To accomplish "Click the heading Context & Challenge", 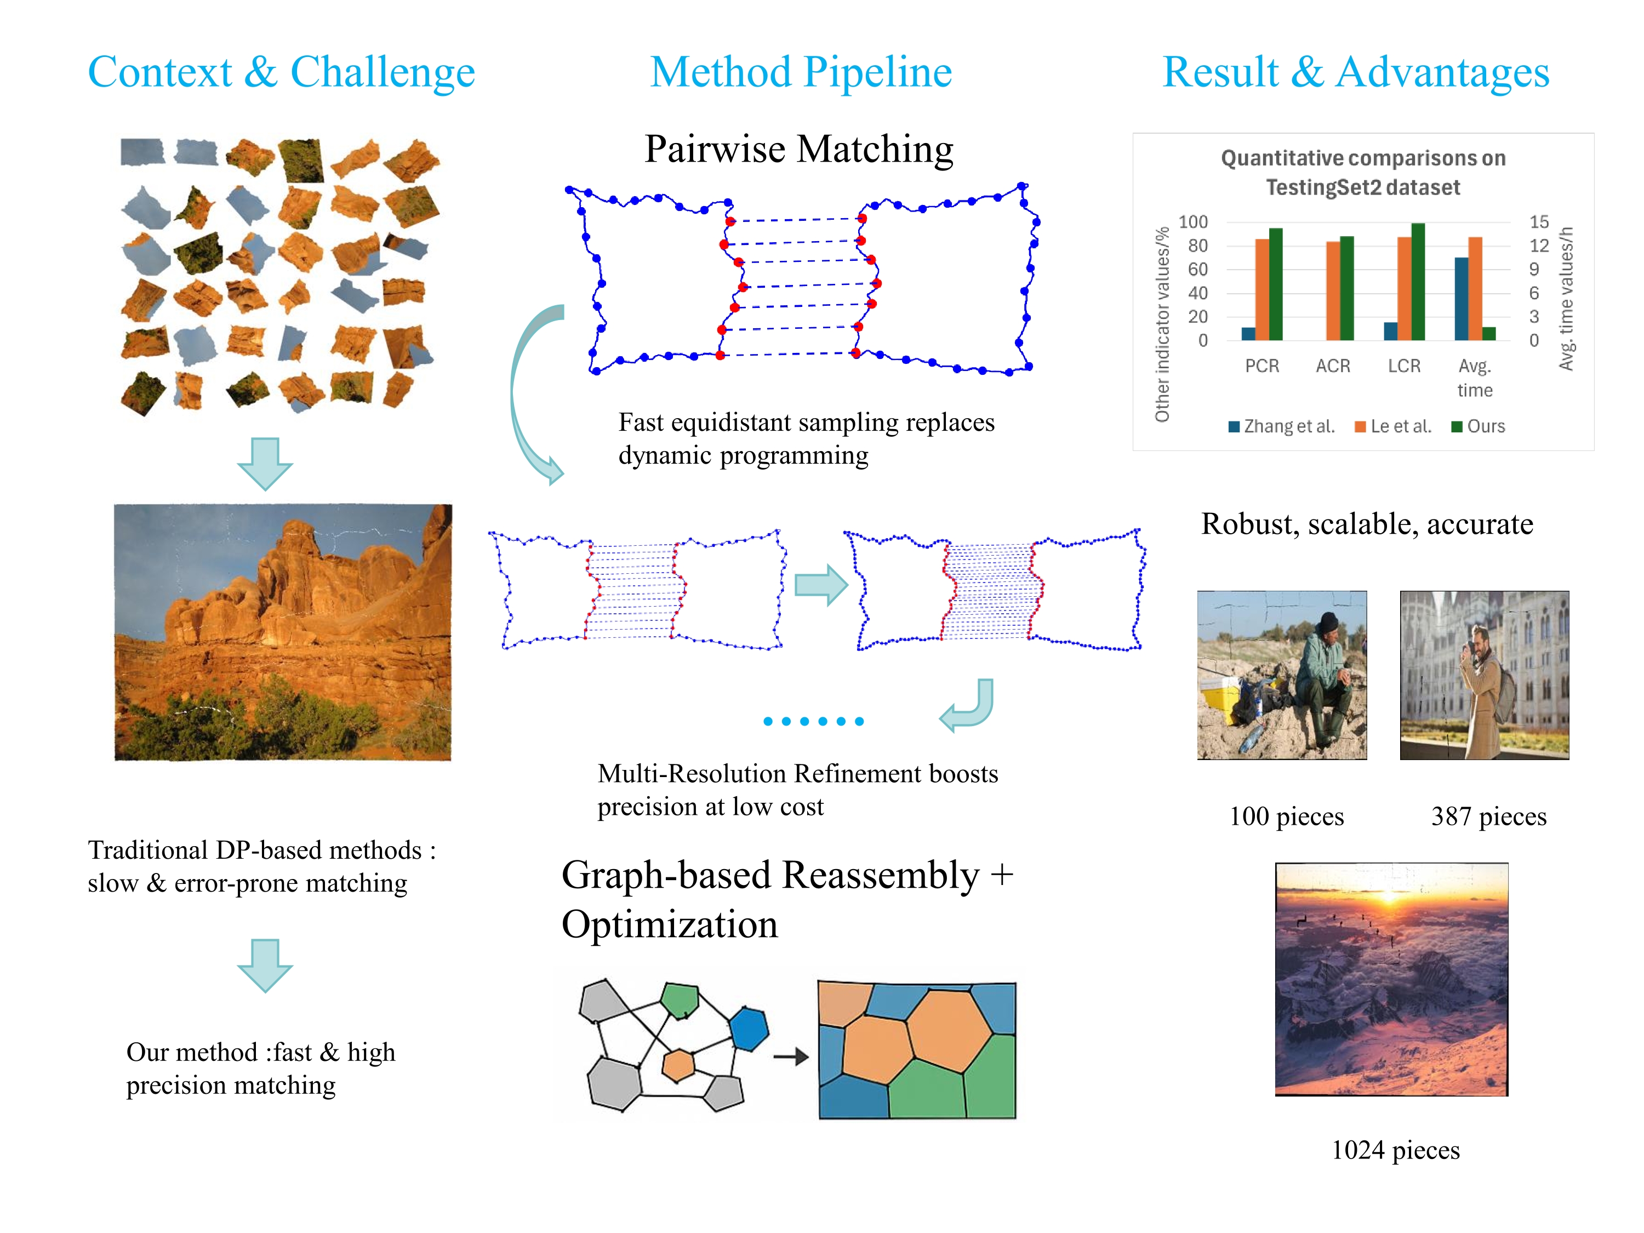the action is [x=281, y=72].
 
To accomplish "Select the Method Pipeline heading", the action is [x=801, y=72].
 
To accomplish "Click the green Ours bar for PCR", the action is [x=1275, y=284].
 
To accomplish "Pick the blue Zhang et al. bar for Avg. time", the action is [x=1461, y=299].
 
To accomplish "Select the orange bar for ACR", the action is [x=1333, y=290].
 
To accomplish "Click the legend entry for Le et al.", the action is [x=1393, y=426].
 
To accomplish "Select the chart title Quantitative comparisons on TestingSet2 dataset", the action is [x=1363, y=173].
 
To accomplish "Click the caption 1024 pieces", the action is [x=1395, y=1150].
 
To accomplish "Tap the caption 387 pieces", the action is [x=1489, y=816].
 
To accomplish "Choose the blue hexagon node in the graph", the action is [x=749, y=1029].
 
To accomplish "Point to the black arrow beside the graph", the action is [x=791, y=1056].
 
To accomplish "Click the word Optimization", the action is [x=670, y=924].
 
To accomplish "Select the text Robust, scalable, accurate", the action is [x=1367, y=524].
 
